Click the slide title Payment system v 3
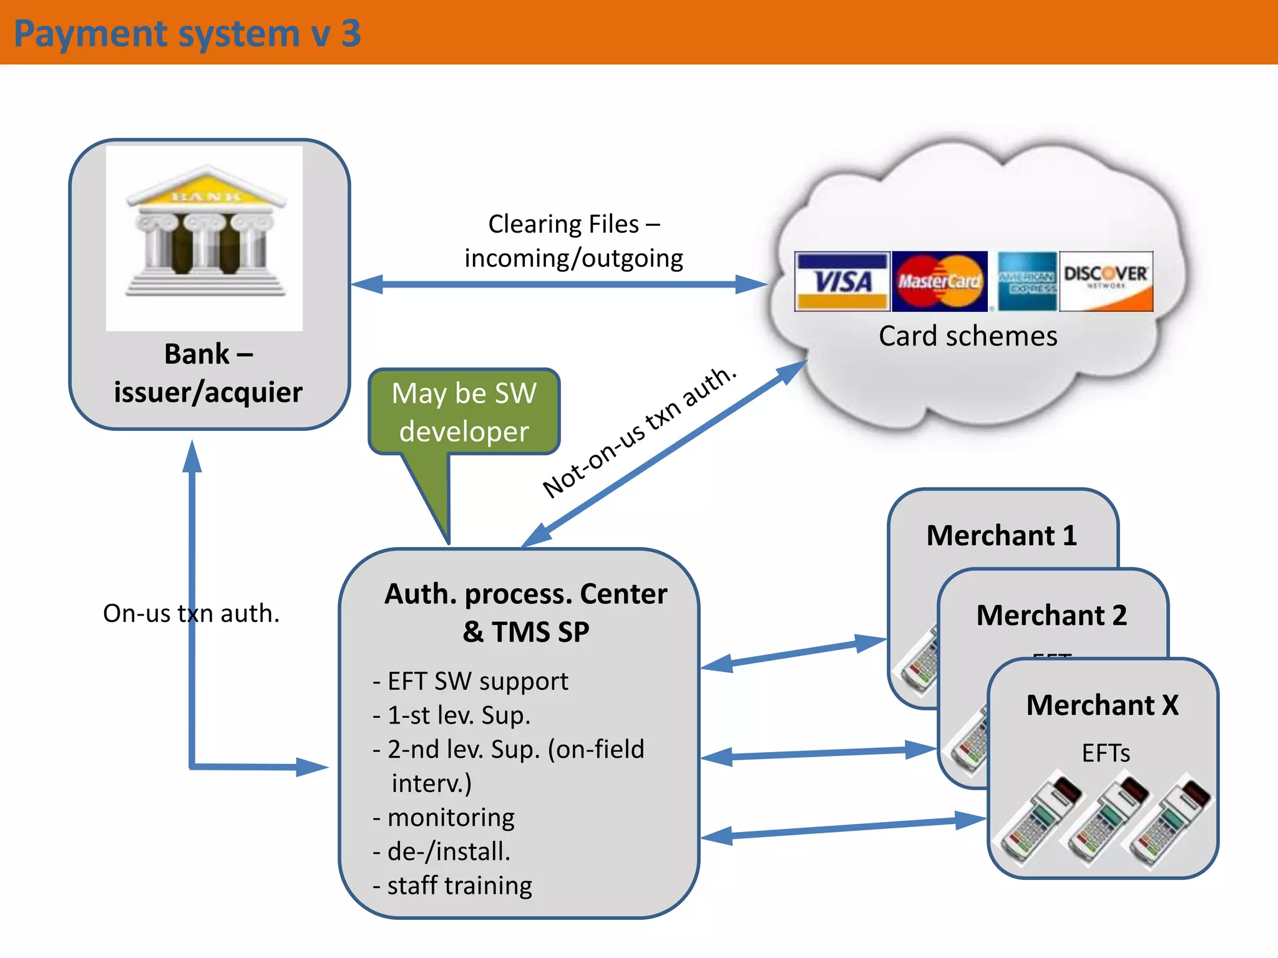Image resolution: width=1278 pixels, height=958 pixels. click(x=187, y=34)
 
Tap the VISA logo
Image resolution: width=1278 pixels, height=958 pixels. click(x=842, y=281)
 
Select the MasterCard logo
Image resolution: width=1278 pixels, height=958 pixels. click(x=940, y=281)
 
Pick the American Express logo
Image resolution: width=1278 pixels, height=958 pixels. click(x=1027, y=281)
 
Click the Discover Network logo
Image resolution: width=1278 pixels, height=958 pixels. click(x=1106, y=281)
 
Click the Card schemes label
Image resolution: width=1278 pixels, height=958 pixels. click(x=968, y=336)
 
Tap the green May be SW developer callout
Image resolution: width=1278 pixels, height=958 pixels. click(x=464, y=412)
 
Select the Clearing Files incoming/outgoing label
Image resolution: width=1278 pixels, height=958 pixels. click(x=573, y=241)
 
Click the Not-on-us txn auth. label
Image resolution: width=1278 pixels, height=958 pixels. click(x=639, y=432)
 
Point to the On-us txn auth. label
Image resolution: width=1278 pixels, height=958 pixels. click(x=191, y=613)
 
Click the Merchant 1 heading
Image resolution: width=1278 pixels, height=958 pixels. click(x=1002, y=535)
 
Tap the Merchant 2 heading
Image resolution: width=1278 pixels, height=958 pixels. click(x=1051, y=615)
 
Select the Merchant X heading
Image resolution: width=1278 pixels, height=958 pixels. click(x=1103, y=705)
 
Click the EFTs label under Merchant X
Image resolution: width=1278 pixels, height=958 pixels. click(x=1106, y=753)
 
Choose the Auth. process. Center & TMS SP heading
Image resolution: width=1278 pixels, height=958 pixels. click(x=525, y=612)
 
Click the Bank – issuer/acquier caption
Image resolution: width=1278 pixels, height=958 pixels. click(x=208, y=373)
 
